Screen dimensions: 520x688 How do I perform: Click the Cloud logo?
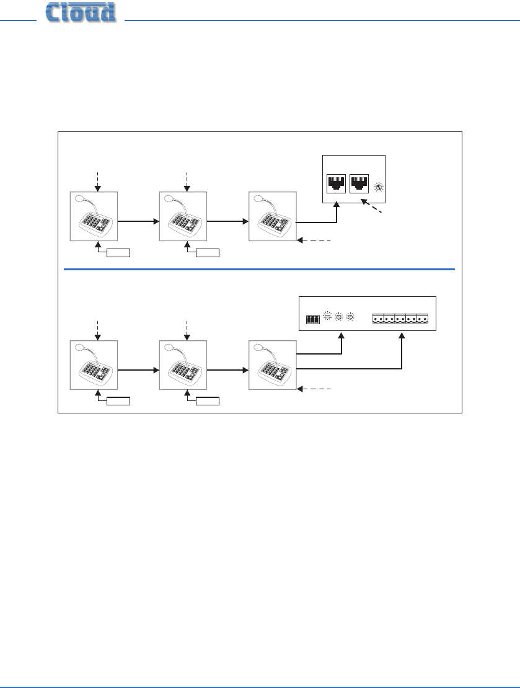[81, 12]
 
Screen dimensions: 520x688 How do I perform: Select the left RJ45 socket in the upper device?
[336, 183]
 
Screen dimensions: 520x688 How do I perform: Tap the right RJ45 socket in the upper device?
[359, 183]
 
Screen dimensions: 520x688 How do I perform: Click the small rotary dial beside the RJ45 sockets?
[378, 187]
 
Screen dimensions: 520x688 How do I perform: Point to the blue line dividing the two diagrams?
[259, 269]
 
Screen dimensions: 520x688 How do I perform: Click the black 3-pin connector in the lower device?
[313, 319]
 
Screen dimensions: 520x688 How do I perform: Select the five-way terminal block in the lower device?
[400, 318]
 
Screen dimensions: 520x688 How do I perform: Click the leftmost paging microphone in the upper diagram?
[94, 216]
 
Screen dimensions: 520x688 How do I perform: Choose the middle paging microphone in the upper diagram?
[183, 216]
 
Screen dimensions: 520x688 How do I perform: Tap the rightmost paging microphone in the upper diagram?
[273, 216]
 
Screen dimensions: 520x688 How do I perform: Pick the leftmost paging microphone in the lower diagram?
[94, 365]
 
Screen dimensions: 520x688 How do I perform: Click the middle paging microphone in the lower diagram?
[183, 365]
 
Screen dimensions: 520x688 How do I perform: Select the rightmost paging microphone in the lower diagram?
[273, 365]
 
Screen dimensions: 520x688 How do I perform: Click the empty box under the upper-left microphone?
[118, 252]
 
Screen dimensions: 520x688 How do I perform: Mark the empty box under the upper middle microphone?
[208, 252]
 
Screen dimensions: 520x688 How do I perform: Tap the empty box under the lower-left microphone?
[118, 400]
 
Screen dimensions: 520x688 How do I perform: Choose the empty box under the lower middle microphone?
[208, 400]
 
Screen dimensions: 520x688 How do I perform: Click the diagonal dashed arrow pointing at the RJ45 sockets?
[372, 206]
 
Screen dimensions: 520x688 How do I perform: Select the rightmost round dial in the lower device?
[350, 317]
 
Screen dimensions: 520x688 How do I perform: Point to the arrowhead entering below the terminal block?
[402, 336]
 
